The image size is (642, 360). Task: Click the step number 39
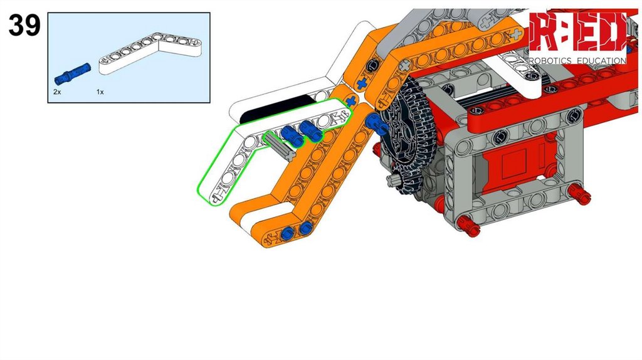[x=24, y=24]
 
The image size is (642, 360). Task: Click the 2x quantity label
[x=57, y=92]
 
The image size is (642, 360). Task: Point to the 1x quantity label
[x=100, y=92]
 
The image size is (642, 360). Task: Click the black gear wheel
[x=406, y=135]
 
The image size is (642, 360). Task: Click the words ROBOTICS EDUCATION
[x=577, y=61]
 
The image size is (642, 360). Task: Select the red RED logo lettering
[x=577, y=32]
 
